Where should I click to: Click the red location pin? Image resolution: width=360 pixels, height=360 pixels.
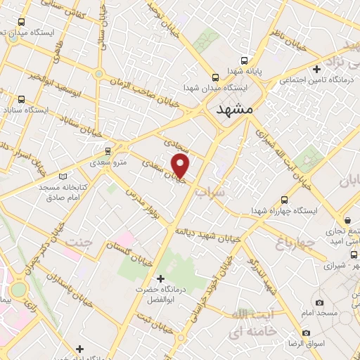(181, 166)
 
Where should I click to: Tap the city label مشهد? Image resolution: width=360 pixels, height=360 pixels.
(234, 110)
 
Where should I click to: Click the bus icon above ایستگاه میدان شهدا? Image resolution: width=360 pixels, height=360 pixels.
(216, 77)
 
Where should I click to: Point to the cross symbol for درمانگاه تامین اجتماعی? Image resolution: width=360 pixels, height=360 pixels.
(317, 69)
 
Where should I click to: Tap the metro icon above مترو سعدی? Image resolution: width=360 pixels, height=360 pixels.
(108, 150)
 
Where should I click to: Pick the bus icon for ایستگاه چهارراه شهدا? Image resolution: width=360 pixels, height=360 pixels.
(284, 200)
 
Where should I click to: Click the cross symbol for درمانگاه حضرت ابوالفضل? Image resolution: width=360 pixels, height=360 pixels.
(161, 278)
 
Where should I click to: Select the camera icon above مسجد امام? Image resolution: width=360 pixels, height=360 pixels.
(319, 302)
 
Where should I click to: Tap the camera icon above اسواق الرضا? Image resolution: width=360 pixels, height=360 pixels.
(306, 333)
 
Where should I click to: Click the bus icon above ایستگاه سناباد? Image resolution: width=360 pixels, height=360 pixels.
(20, 99)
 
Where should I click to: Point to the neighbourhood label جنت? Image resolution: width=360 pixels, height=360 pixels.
(79, 243)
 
